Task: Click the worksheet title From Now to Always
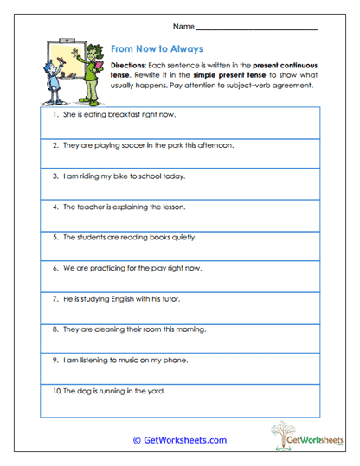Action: point(156,51)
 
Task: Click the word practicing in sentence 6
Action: point(108,269)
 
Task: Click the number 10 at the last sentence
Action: point(55,392)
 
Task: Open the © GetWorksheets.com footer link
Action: point(180,440)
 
